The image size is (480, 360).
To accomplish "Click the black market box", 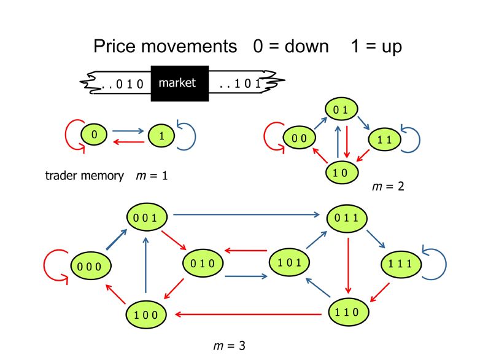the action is point(180,84).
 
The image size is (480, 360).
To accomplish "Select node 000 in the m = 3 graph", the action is point(91,266).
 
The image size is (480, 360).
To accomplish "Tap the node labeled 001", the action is point(147,217).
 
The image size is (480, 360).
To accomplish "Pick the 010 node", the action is point(203,263).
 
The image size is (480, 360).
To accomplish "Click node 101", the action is point(289,262).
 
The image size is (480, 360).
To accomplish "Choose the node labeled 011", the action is point(347,218).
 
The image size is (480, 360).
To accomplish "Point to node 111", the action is point(401,264).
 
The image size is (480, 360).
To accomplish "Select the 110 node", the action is point(349,312).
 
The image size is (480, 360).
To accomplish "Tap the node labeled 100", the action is point(146,315).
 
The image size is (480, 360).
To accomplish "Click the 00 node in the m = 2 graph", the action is point(299,138).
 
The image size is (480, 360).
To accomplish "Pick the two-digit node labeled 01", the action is point(341,109).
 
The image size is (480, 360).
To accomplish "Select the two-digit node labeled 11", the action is point(384,139).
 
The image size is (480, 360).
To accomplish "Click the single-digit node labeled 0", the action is point(94,134).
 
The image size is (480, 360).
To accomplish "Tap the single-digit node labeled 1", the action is point(161,135).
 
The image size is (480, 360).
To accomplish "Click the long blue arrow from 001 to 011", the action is point(246,214).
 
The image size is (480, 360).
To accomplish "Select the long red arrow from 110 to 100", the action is point(248,314).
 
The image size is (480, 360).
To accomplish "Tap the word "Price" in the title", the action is point(114,46).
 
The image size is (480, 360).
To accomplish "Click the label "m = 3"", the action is point(230,346).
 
